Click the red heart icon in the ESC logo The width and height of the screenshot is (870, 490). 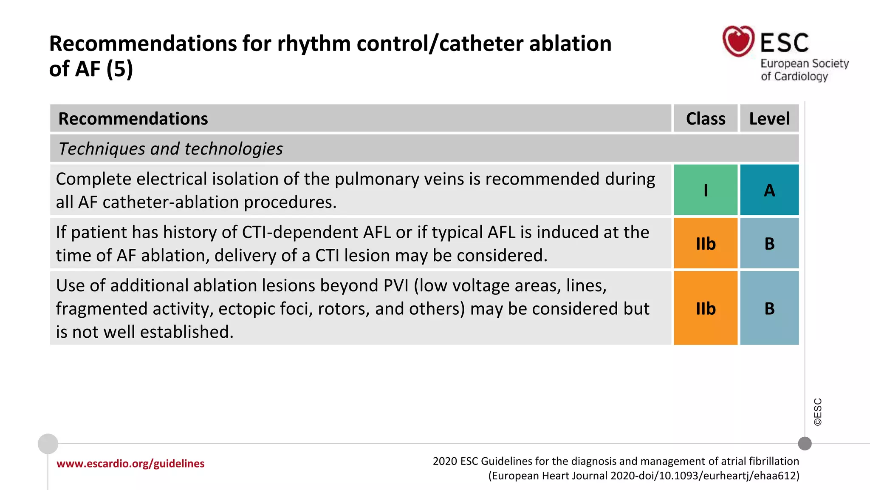pos(738,41)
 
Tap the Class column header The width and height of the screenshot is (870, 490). pos(706,119)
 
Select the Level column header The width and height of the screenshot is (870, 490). pos(769,119)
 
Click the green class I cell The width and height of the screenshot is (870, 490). pos(706,190)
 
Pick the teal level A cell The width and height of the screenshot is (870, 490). pos(769,190)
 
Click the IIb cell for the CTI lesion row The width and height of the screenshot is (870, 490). pos(706,244)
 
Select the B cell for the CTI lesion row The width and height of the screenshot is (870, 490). pos(769,244)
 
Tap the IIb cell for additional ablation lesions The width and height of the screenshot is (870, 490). pos(706,308)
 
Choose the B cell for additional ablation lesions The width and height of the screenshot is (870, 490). pos(769,308)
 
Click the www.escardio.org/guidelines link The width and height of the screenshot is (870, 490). pos(130,464)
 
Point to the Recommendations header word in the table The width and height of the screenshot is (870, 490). pos(133,119)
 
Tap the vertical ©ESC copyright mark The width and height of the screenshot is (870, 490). pos(818,412)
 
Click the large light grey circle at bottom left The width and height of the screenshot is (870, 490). pos(48,444)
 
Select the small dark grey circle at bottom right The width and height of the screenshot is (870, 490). pos(805,444)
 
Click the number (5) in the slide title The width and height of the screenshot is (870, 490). pos(119,69)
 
